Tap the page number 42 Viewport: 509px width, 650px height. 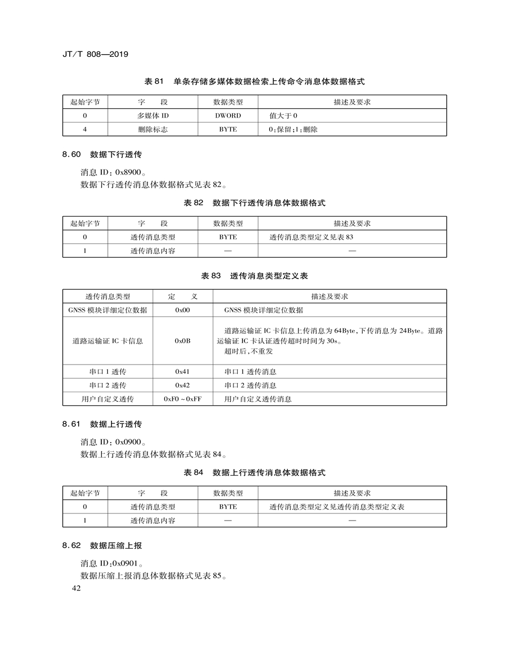(x=75, y=589)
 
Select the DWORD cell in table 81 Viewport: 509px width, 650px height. (x=228, y=115)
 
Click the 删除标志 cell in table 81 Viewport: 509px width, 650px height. (x=153, y=129)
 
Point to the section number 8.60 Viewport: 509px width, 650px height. (x=71, y=154)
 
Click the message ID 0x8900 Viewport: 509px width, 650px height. (x=128, y=172)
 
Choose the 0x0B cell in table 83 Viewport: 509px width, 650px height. (x=182, y=341)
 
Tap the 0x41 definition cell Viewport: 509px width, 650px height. (x=182, y=372)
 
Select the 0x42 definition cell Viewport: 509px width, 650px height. (x=182, y=385)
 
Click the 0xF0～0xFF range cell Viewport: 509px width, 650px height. (x=182, y=399)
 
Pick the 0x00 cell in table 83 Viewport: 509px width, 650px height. (x=182, y=310)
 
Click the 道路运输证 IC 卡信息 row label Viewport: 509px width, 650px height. (x=108, y=341)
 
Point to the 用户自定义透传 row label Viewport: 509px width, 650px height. (x=108, y=399)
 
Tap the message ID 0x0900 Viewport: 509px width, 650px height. (x=128, y=441)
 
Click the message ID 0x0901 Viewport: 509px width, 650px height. (x=128, y=563)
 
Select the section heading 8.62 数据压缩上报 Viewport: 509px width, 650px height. (x=102, y=545)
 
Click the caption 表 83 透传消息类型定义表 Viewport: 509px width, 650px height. (x=255, y=276)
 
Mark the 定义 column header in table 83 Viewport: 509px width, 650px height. (x=182, y=296)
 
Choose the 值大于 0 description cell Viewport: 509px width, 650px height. (x=284, y=115)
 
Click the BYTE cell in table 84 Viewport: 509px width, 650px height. (x=228, y=507)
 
